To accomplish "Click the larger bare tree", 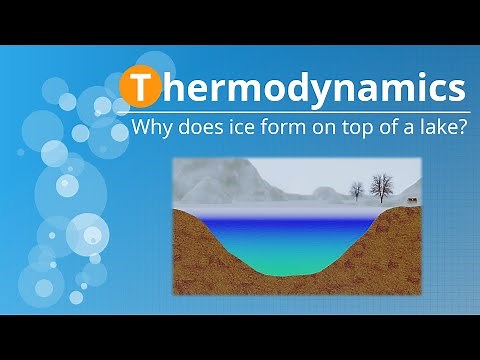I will pos(380,186).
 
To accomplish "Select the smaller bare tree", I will pos(355,190).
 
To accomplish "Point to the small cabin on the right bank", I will pos(411,202).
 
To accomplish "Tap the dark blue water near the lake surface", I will pos(290,222).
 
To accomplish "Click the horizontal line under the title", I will pos(300,110).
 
